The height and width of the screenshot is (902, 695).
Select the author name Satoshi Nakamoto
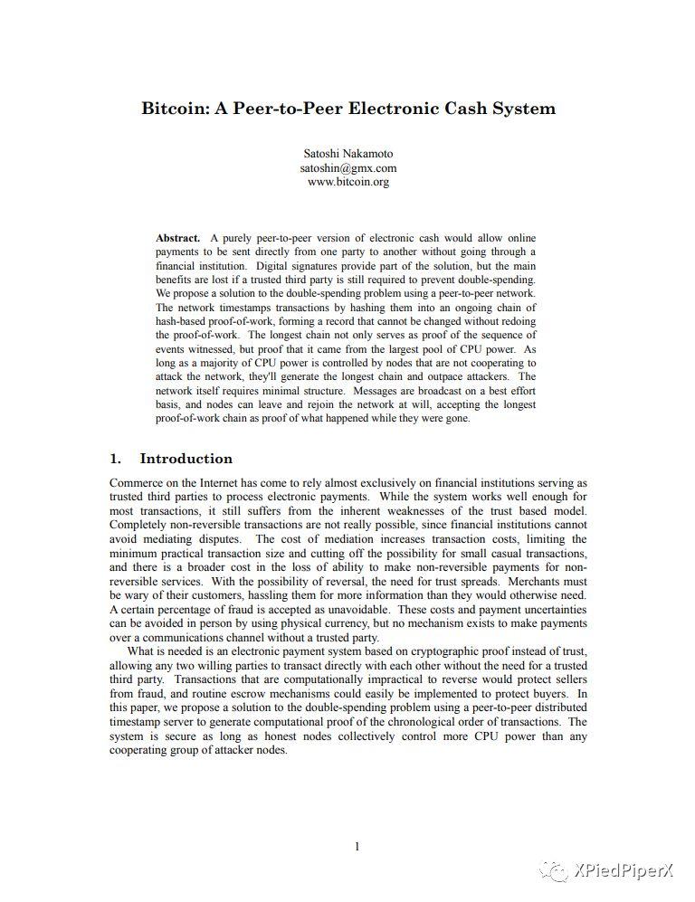pyautogui.click(x=348, y=154)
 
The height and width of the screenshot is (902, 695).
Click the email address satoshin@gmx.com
pyautogui.click(x=348, y=167)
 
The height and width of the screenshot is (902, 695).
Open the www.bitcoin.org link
pyautogui.click(x=348, y=182)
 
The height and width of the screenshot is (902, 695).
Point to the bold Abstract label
pyautogui.click(x=177, y=238)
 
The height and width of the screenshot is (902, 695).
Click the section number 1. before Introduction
pyautogui.click(x=116, y=459)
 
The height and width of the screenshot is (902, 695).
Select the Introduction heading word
pyautogui.click(x=186, y=459)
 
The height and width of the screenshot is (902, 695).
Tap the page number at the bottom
pyautogui.click(x=357, y=847)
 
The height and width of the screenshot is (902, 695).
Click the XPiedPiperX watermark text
pyautogui.click(x=624, y=870)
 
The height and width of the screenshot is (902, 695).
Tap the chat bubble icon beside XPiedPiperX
pyautogui.click(x=555, y=870)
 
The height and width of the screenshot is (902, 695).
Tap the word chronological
pyautogui.click(x=424, y=721)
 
